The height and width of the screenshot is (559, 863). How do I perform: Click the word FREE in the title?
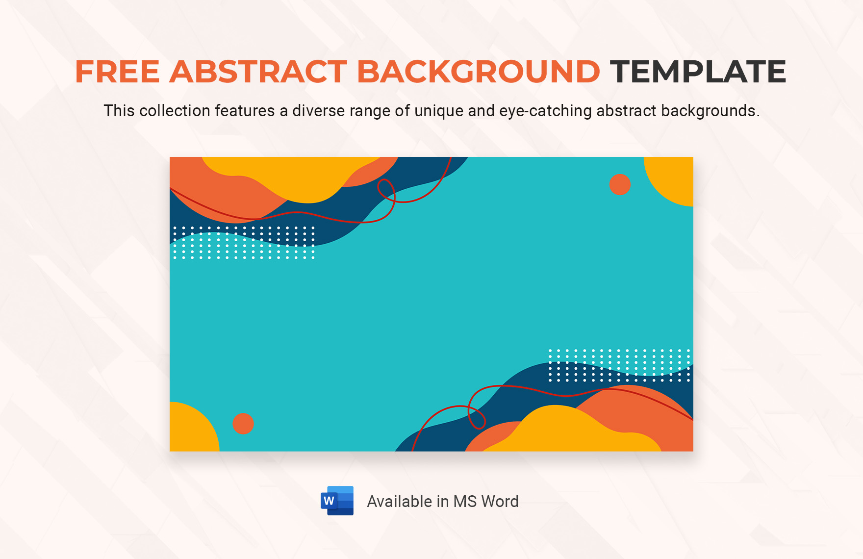pyautogui.click(x=117, y=72)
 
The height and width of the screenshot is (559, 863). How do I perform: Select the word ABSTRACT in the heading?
pyautogui.click(x=258, y=72)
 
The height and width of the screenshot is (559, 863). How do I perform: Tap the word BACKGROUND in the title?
pyautogui.click(x=478, y=72)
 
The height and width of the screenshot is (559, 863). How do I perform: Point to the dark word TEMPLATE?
pyautogui.click(x=698, y=72)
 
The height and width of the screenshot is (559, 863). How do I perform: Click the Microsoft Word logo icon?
pyautogui.click(x=337, y=501)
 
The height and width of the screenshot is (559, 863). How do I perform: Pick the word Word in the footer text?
pyautogui.click(x=500, y=501)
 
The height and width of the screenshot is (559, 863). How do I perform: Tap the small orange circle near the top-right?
pyautogui.click(x=620, y=185)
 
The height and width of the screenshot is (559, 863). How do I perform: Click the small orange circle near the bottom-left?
pyautogui.click(x=243, y=424)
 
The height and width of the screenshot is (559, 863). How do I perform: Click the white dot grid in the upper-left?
pyautogui.click(x=244, y=242)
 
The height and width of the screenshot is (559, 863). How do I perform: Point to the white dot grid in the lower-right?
pyautogui.click(x=619, y=365)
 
